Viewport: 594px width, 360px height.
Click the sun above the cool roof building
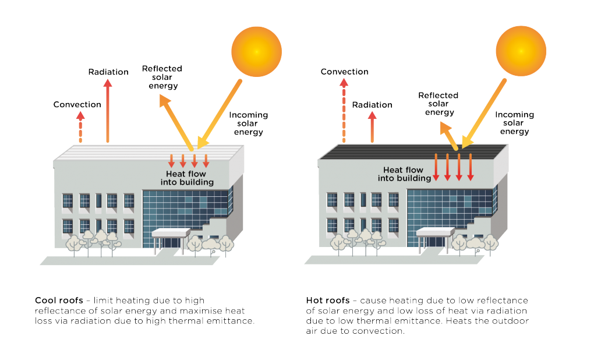tap(256, 52)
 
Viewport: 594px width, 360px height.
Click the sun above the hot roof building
tap(521, 51)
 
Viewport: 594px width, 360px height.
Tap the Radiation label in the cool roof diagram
tap(108, 72)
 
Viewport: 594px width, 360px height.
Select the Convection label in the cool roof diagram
tap(77, 105)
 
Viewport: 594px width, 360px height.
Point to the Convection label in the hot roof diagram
tap(345, 72)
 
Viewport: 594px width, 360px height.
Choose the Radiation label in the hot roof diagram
tap(372, 105)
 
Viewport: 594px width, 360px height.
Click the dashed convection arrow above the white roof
tap(80, 128)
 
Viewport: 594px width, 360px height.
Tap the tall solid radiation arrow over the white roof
tap(108, 111)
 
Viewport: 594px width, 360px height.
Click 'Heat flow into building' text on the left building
tap(187, 178)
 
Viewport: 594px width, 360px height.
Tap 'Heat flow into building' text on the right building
tap(403, 174)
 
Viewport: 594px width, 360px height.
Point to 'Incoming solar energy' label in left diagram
tap(248, 123)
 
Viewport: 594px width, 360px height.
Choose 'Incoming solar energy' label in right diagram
tap(514, 123)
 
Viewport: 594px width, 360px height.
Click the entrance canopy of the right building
tap(435, 232)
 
